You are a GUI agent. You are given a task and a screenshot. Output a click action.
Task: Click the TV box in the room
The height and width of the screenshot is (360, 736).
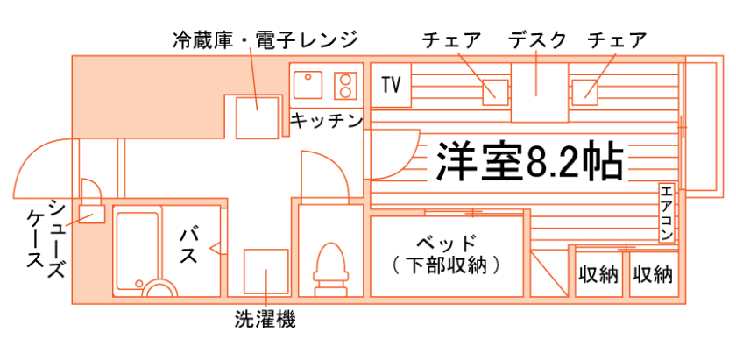click(x=391, y=85)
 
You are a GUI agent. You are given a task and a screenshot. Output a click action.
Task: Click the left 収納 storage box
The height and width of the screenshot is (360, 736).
click(x=598, y=274)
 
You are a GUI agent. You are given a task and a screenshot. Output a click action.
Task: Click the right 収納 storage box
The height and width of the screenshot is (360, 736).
click(x=653, y=274)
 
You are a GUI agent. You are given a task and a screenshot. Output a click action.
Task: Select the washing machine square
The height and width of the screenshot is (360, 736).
click(x=265, y=272)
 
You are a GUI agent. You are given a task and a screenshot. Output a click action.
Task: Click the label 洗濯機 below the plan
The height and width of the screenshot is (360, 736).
click(x=265, y=320)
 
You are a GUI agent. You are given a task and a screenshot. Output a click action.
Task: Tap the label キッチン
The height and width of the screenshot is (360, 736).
click(x=325, y=121)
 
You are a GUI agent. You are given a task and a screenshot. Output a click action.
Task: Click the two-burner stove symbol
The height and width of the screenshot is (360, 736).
click(x=346, y=85)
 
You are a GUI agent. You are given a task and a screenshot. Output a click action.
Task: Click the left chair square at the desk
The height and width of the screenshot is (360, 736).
click(x=495, y=89)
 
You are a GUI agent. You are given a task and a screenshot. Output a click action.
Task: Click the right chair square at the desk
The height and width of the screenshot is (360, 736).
click(x=585, y=89)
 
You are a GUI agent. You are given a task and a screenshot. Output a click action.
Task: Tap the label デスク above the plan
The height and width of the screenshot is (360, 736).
click(x=537, y=39)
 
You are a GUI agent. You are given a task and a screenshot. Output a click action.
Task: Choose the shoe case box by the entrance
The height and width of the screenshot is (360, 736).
click(x=91, y=213)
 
